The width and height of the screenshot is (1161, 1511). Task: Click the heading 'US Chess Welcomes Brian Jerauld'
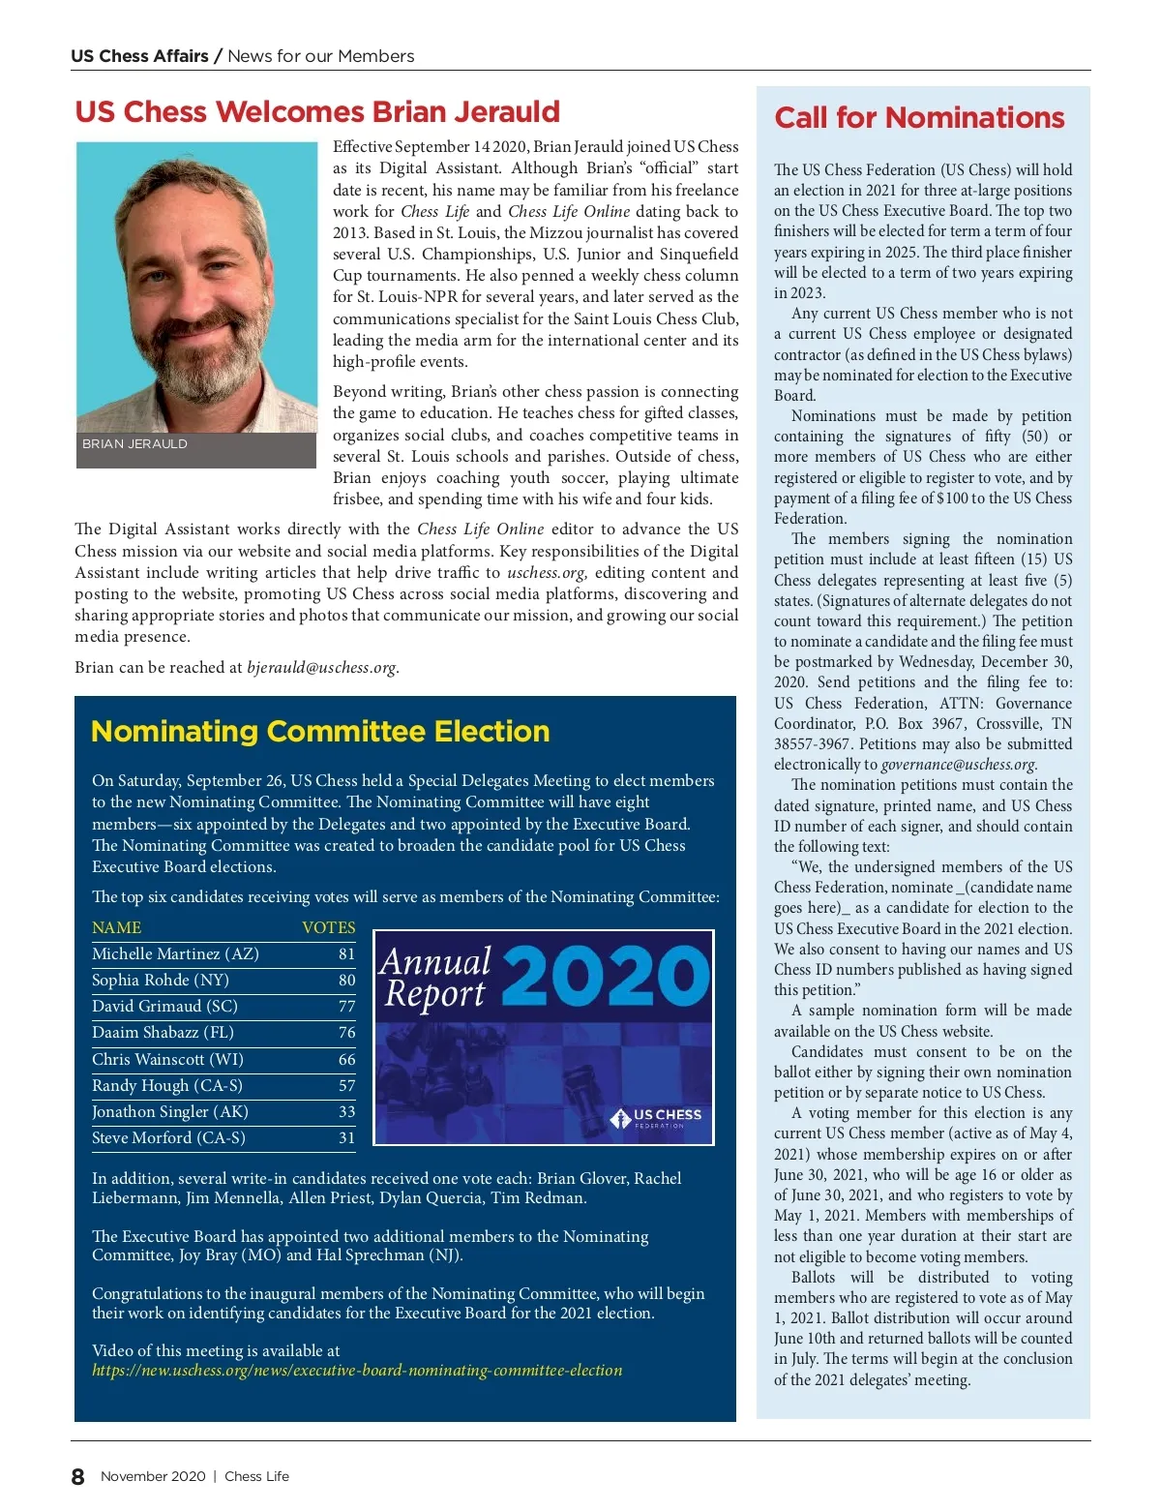pos(317,112)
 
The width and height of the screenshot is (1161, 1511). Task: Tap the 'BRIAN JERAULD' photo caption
pos(134,444)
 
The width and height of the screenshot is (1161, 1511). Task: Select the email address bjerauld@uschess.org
pos(321,668)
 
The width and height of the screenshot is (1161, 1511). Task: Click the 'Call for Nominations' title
pos(919,118)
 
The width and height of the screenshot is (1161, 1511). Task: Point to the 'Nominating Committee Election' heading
pos(320,732)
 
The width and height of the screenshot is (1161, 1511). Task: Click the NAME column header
pos(116,928)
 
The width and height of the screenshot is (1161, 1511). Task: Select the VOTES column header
pos(329,928)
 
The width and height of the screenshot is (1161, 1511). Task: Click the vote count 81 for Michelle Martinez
pos(346,954)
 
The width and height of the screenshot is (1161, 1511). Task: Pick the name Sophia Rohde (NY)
pos(161,981)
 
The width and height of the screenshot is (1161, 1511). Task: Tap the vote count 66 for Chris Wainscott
pos(346,1060)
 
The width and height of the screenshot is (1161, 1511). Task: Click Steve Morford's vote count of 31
pos(346,1138)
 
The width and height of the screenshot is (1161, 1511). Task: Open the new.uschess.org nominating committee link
pos(357,1371)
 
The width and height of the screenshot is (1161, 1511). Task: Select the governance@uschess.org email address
pos(959,765)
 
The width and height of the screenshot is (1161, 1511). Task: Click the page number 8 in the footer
pos(78,1477)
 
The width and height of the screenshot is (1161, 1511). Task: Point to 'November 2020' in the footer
pos(153,1477)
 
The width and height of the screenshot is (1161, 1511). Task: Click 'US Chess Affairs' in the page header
pos(139,56)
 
